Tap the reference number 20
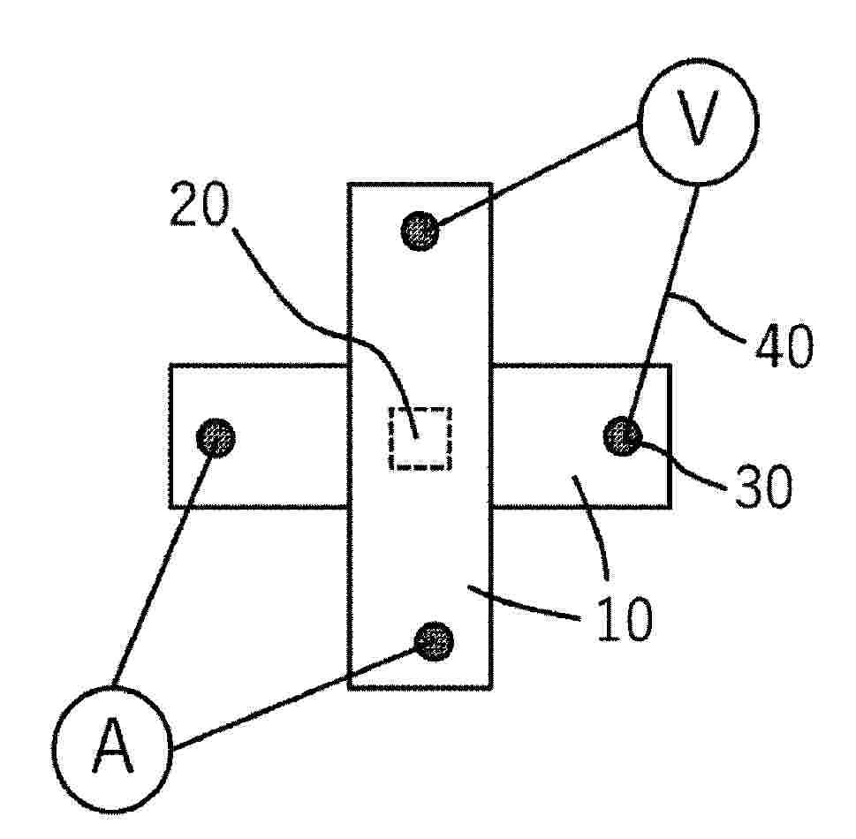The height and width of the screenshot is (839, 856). [x=200, y=204]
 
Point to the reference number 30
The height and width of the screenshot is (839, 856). [x=762, y=487]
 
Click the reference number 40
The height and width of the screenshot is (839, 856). [x=784, y=345]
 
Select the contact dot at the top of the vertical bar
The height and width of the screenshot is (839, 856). [x=420, y=231]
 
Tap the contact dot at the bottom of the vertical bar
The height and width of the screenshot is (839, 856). [x=434, y=641]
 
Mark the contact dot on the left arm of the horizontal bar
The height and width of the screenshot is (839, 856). [x=216, y=438]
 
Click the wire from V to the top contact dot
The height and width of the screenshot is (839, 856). [x=538, y=174]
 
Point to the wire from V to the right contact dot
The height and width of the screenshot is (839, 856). [x=663, y=304]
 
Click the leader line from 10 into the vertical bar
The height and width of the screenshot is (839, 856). [x=524, y=602]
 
